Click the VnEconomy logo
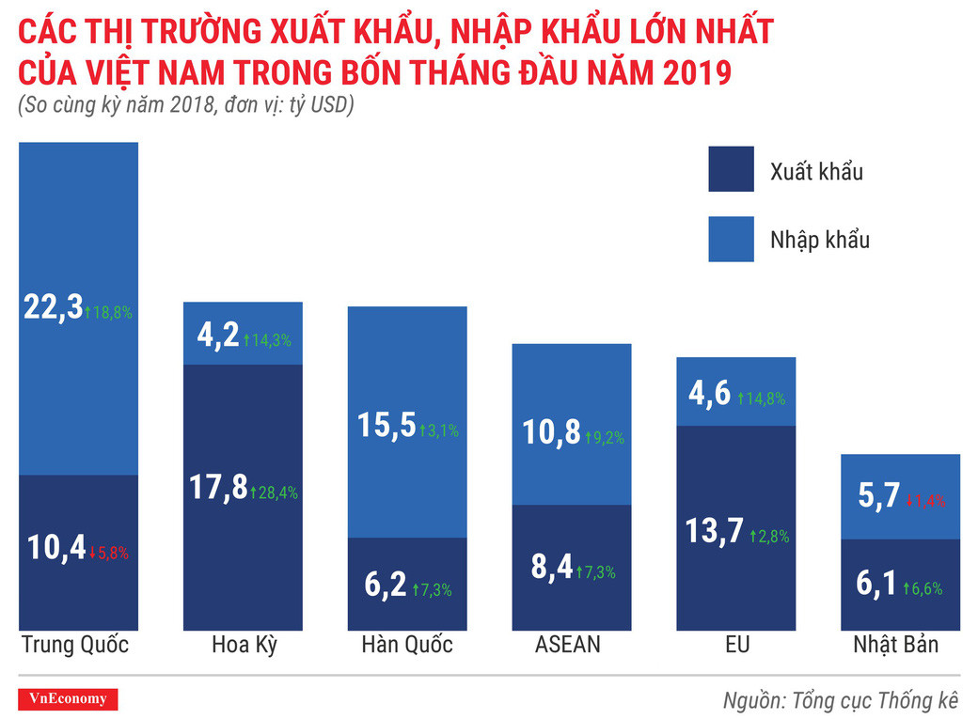pyautogui.click(x=69, y=699)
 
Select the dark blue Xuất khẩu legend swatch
pyautogui.click(x=731, y=170)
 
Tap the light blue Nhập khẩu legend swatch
pyautogui.click(x=731, y=239)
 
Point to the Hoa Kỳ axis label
pyautogui.click(x=244, y=646)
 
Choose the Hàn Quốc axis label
pyautogui.click(x=406, y=646)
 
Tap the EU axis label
pyautogui.click(x=736, y=646)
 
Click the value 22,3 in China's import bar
pyautogui.click(x=54, y=309)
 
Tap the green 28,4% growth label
pyautogui.click(x=275, y=492)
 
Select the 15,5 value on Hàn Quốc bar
pyautogui.click(x=386, y=428)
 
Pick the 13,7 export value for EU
pyautogui.click(x=713, y=532)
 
